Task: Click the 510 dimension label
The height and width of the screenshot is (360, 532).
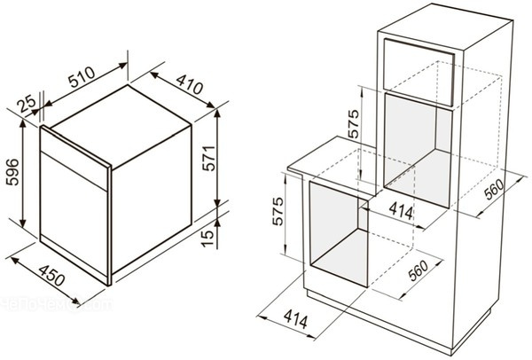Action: click(x=82, y=77)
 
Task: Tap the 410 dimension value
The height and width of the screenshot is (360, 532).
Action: click(x=190, y=84)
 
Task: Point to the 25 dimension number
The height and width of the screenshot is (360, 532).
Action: click(x=27, y=104)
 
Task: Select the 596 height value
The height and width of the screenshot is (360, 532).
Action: click(x=13, y=172)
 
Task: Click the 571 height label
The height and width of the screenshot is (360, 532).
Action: click(x=208, y=158)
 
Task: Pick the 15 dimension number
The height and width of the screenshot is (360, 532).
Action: click(x=208, y=239)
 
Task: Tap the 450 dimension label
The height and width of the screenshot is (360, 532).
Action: click(x=51, y=276)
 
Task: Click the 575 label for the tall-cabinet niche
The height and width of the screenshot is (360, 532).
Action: click(x=353, y=124)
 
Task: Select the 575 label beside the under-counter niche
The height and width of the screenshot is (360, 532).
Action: click(x=278, y=211)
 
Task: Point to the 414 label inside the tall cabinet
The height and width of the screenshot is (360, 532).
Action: click(x=401, y=211)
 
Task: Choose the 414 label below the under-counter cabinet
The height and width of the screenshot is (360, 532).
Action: click(x=296, y=319)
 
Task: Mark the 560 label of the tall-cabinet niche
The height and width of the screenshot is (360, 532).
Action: click(x=495, y=190)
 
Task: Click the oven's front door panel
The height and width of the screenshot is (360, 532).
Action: click(x=74, y=216)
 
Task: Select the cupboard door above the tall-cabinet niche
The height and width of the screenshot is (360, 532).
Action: click(x=419, y=72)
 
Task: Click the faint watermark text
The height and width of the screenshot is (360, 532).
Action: click(x=56, y=304)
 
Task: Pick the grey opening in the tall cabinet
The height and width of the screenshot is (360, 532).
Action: click(x=419, y=151)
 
